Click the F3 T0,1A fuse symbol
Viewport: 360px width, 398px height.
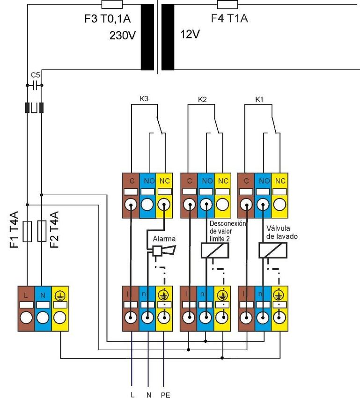pos(112,4)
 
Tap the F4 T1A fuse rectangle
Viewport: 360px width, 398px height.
pos(228,4)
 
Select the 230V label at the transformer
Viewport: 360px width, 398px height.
pos(123,35)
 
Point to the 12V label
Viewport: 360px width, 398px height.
pos(190,34)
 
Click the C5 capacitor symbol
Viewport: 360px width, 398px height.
pos(35,86)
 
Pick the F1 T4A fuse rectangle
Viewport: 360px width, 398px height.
pos(28,231)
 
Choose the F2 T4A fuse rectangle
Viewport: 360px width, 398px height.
pos(42,231)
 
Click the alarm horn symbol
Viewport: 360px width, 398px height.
pos(164,251)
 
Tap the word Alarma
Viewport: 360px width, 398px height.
pos(164,239)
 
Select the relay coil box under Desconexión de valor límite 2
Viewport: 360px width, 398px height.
pos(215,251)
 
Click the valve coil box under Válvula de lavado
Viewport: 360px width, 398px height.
pos(273,251)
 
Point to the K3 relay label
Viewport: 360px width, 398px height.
pos(144,99)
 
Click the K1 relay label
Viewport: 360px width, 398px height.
pos(259,99)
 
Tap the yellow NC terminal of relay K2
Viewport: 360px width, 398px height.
pos(223,195)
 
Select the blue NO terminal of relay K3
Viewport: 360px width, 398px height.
pos(147,195)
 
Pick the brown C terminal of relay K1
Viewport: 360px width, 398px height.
pos(246,195)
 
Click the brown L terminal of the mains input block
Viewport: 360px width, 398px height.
pos(26,309)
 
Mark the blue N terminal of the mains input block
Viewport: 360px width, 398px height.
pos(43,309)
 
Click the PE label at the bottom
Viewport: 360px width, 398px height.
pos(165,395)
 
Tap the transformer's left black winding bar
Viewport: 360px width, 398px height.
pos(147,37)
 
